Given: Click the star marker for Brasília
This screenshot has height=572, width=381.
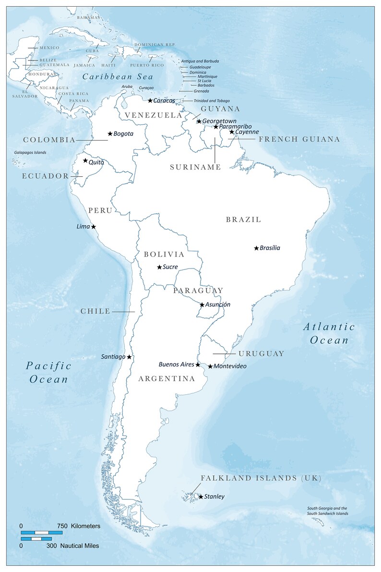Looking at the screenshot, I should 256,248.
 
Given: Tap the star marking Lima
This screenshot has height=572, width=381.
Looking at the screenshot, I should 94,227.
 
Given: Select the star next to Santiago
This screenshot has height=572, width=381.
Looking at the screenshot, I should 129,357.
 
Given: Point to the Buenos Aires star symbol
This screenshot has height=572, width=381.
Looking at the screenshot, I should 198,365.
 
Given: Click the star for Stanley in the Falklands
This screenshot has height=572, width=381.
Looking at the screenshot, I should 201,497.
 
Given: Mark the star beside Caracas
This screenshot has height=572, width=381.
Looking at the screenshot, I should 150,101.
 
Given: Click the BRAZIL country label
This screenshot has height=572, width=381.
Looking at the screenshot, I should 244,219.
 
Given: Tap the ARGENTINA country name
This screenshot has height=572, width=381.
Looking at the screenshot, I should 167,379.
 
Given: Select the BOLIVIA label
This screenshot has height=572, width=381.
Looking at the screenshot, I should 164,254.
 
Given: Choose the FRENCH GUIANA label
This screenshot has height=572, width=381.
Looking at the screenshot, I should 299,139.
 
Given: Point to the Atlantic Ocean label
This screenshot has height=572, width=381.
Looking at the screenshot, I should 329,334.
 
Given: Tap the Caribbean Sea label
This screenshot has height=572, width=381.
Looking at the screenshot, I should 118,77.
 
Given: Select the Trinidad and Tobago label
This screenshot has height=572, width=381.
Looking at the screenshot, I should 212,101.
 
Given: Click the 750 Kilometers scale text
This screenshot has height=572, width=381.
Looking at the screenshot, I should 79,526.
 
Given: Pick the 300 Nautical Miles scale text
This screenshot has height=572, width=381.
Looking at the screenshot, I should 72,546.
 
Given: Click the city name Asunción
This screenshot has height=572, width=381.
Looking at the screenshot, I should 218,304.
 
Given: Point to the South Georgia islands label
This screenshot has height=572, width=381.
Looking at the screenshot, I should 327,511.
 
